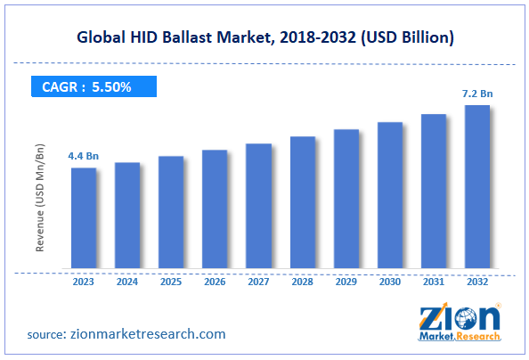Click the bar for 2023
click(x=84, y=218)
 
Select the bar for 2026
click(x=215, y=209)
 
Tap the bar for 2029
click(x=346, y=200)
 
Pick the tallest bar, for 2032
click(x=476, y=187)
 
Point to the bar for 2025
click(x=171, y=213)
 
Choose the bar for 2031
click(x=433, y=192)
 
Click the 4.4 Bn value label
click(x=83, y=157)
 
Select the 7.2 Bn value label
click(x=476, y=94)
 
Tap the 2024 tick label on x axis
click(x=127, y=281)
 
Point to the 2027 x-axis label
click(x=258, y=281)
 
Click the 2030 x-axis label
click(x=389, y=281)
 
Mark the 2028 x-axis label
click(x=302, y=281)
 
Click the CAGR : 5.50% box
click(x=88, y=86)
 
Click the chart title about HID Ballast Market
click(x=264, y=38)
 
